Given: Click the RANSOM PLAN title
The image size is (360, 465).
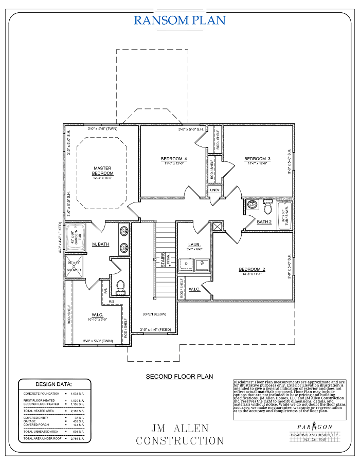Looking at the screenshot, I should [x=179, y=20].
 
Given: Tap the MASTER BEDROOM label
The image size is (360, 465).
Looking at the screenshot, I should [x=102, y=171].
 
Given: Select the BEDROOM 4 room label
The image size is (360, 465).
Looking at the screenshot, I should [x=173, y=159].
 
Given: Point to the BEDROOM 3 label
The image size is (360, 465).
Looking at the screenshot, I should [x=257, y=159].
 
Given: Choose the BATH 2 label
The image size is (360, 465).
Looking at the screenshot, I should [x=264, y=222].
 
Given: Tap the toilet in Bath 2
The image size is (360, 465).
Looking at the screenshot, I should [x=267, y=208].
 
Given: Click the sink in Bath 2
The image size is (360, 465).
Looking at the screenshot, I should [x=252, y=205].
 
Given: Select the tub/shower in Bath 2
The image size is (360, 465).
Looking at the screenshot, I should [x=284, y=215].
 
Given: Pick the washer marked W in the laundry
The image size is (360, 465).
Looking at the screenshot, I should [x=202, y=264].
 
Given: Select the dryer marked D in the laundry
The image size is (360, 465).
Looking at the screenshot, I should [x=186, y=264].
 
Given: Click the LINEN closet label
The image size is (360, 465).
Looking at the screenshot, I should [x=214, y=190].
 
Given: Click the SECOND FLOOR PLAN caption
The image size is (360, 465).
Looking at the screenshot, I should [x=179, y=377].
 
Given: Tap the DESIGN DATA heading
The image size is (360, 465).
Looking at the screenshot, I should [x=53, y=384].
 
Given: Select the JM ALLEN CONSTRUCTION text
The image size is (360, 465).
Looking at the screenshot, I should [x=179, y=435].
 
